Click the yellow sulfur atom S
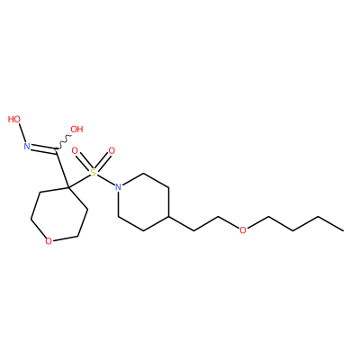94,173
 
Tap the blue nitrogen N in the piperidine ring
119,187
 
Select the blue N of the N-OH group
27,147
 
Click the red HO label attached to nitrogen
14,119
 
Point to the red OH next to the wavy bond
76,130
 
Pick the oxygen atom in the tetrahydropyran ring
49,241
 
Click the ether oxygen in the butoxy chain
243,230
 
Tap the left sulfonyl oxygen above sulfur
75,150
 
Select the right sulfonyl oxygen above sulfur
112,150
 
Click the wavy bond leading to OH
63,142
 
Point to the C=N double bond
43,149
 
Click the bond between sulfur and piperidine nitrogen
106,180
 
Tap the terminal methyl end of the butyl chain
343,230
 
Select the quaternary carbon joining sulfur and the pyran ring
68,187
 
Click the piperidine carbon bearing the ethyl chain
168,216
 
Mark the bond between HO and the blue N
22,132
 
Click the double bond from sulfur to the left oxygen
84,162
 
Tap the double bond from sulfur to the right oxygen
103,162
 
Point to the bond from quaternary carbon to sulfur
79,181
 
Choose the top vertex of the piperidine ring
143,173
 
